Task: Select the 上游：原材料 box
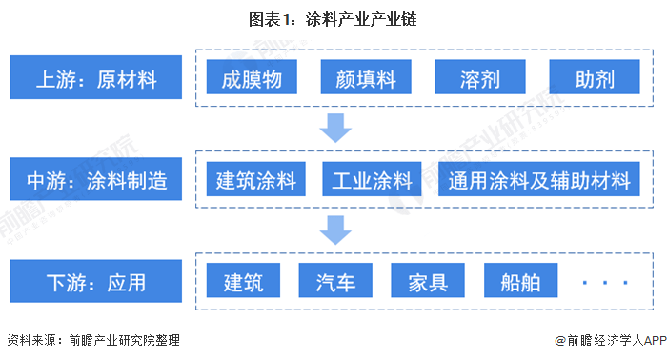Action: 96,77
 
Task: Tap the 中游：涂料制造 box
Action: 96,179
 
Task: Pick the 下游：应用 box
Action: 96,281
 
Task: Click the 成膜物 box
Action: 252,77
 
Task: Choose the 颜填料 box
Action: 366,77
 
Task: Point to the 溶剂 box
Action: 480,77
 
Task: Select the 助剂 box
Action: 595,77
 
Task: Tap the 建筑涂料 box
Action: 256,179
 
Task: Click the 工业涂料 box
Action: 372,179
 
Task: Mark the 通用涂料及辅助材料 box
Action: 539,179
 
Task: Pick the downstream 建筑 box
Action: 243,281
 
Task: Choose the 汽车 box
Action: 335,281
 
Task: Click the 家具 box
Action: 428,281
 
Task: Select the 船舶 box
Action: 520,281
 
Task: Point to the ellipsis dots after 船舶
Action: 605,282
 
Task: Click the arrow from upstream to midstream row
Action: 335,128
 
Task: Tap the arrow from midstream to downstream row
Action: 335,230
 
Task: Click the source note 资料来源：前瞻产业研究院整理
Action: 93,340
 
